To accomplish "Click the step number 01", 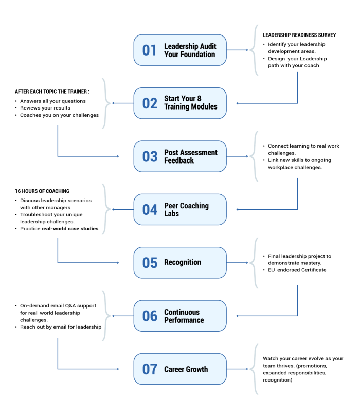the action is coord(149,50).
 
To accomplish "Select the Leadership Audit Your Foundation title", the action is coord(190,50).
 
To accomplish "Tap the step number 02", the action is coord(150,103).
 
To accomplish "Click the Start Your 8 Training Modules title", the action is coord(190,103).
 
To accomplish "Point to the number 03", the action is coord(150,156).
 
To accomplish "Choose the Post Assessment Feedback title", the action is coord(190,156).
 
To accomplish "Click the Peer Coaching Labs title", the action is coord(186,210).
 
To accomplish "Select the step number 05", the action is coord(150,263).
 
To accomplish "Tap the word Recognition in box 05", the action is coord(183,262).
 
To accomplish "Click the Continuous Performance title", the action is coord(184,316).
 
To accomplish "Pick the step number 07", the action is coord(150,369).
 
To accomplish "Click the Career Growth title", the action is coord(186,369).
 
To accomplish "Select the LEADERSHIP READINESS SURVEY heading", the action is coord(299,35).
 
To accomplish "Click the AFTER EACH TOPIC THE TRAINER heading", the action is coord(52,92).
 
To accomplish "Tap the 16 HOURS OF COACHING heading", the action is coord(42,191).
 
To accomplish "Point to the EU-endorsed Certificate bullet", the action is coord(297,270).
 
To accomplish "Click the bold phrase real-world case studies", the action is coord(70,229).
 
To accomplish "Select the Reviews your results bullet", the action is coord(45,108).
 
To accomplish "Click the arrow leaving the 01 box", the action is coord(237,50).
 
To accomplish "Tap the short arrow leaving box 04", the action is coord(123,210).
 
